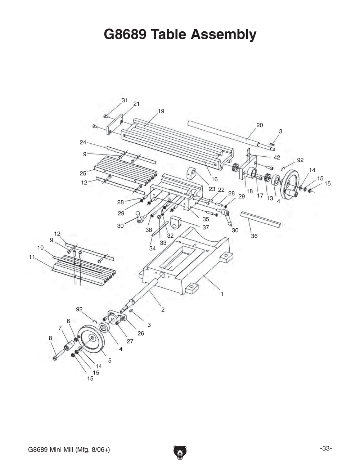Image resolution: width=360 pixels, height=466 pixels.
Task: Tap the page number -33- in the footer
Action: coord(325,448)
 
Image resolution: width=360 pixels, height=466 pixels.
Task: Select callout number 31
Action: coord(125,100)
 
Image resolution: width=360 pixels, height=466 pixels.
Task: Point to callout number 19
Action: coord(161,111)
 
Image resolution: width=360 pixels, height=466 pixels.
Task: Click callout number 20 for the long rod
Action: coord(260,125)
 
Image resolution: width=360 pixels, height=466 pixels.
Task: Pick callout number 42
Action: coord(277,157)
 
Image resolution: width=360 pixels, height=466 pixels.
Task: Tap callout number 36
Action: coord(254,236)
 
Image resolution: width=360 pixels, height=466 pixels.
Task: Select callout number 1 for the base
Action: coord(222,294)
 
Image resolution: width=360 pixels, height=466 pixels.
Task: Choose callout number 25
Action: coord(83,173)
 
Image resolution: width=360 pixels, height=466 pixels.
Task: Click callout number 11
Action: coord(32,257)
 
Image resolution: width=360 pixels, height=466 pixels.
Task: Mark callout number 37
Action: coord(206,228)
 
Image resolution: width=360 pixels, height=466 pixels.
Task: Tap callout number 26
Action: coord(140,333)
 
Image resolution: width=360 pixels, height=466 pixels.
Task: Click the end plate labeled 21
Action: coord(115,125)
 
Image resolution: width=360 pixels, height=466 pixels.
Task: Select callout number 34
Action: coord(153,248)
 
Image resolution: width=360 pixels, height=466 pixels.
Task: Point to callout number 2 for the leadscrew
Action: coord(163,309)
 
